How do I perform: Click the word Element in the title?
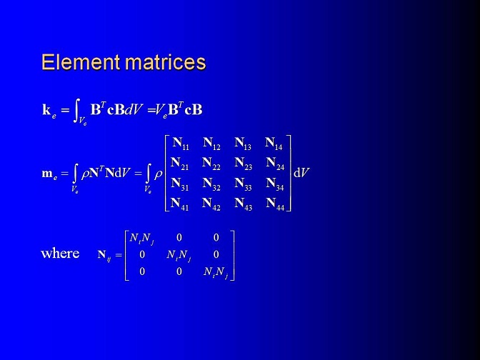[81, 62]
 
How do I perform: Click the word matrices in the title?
[166, 62]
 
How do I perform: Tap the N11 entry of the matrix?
[181, 144]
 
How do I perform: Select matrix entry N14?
[274, 144]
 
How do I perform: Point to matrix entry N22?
[211, 164]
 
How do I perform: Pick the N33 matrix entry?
[243, 184]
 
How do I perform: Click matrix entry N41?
[180, 204]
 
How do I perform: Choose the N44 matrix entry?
[275, 204]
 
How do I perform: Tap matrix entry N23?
[244, 164]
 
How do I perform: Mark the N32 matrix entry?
[211, 184]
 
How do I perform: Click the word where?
[60, 253]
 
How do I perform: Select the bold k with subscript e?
[49, 111]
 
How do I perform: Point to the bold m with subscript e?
[49, 174]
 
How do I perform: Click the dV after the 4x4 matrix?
[301, 174]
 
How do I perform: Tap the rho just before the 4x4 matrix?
[159, 174]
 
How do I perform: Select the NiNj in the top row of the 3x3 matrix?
[141, 239]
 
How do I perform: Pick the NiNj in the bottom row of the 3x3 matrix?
[216, 272]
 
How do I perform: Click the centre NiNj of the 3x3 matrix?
[179, 255]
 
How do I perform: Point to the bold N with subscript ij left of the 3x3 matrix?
[104, 256]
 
